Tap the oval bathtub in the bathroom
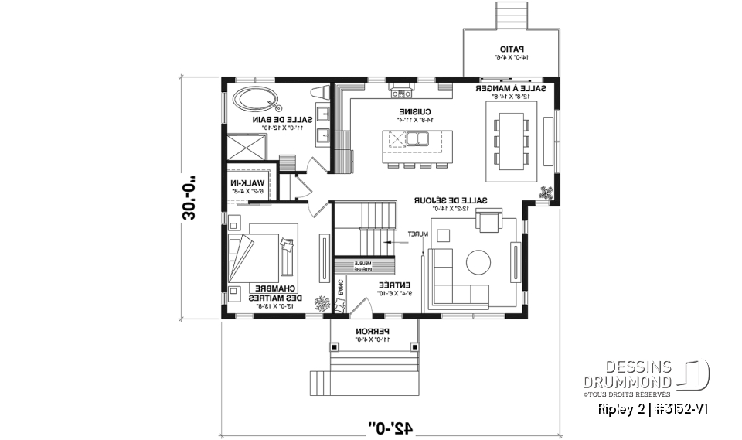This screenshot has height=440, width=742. tap(258, 98)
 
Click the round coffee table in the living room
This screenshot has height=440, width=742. tap(477, 261)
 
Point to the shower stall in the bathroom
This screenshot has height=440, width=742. tap(246, 145)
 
